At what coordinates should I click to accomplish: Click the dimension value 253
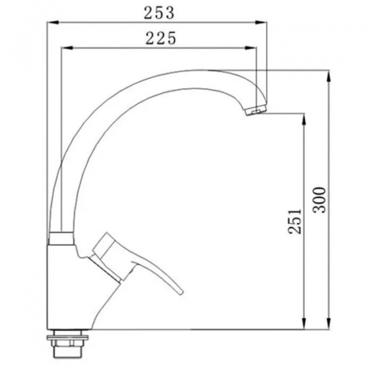point(159,13)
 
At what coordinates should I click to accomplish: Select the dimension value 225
point(161,38)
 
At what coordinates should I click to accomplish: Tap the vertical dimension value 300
point(319,200)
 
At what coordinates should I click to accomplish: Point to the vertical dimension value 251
point(294,221)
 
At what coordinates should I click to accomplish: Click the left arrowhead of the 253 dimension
point(53,22)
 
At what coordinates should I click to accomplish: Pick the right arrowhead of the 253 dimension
point(261,22)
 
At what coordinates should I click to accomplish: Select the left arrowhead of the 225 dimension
point(67,48)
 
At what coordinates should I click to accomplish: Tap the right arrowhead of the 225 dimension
point(250,48)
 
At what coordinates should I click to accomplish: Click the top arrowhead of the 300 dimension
point(329,76)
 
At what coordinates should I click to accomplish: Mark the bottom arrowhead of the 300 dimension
point(329,324)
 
